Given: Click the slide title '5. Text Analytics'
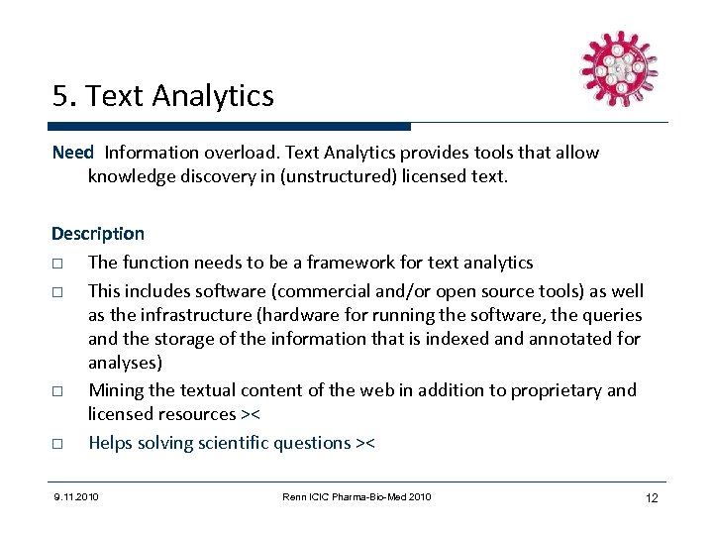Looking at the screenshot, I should click(163, 96).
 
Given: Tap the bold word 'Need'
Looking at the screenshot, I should click(72, 153).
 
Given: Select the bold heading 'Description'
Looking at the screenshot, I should click(98, 234).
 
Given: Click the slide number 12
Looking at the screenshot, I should click(652, 497).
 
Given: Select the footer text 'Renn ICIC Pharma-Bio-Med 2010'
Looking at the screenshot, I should click(356, 496).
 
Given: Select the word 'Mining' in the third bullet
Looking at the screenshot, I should click(115, 389).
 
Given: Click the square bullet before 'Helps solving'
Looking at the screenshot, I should click(58, 444).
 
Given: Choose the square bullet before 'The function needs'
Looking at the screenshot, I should click(58, 264).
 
